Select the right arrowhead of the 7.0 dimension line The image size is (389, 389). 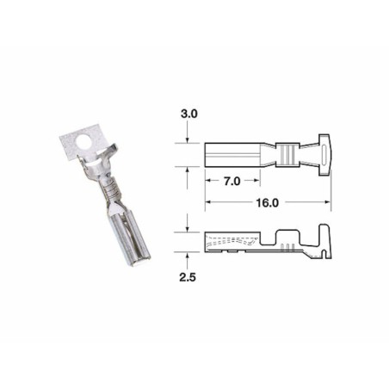tap(261, 182)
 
